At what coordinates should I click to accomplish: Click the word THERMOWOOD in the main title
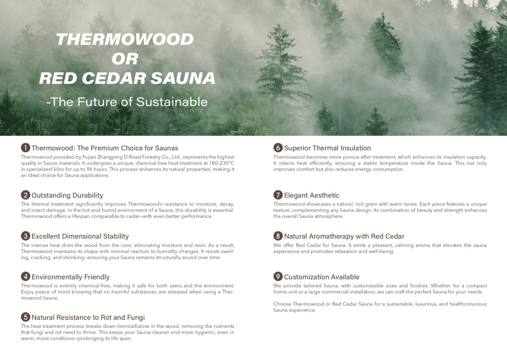[124, 39]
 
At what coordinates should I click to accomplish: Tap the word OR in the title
[124, 59]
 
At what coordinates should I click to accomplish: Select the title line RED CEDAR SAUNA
[127, 78]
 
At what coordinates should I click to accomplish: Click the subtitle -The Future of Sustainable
[126, 102]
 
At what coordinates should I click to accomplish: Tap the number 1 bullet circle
[25, 148]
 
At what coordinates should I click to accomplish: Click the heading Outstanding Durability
[67, 195]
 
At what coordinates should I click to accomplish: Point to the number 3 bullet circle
[25, 236]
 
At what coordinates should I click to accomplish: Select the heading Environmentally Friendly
[70, 277]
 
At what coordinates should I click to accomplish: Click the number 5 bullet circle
[25, 317]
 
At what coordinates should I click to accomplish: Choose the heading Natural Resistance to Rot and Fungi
[88, 317]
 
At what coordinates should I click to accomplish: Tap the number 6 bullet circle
[278, 148]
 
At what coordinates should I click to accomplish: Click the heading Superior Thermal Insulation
[327, 148]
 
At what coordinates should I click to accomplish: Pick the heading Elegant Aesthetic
[312, 195]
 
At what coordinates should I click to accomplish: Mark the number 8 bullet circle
[278, 236]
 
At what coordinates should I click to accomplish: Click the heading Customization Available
[322, 277]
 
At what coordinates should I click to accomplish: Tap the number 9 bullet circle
[278, 276]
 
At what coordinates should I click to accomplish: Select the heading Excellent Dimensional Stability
[80, 236]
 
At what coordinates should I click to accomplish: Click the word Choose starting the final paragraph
[282, 304]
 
